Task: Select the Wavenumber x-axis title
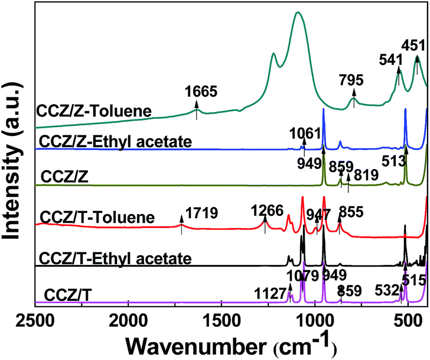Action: (230, 344)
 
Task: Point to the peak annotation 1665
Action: (201, 92)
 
